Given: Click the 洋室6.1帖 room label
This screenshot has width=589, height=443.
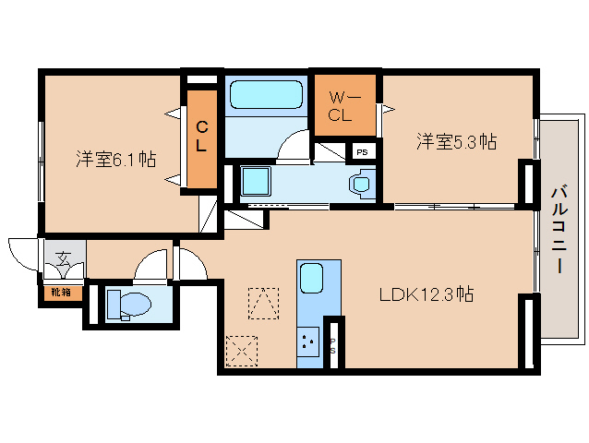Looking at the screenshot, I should pyautogui.click(x=115, y=160).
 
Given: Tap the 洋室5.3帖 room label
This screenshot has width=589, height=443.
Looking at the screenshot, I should pyautogui.click(x=456, y=141).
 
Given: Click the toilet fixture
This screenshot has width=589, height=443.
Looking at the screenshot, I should pyautogui.click(x=126, y=303).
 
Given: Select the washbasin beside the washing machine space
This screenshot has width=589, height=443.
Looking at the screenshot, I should pyautogui.click(x=360, y=183).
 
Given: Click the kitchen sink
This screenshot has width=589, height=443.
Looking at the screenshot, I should pyautogui.click(x=311, y=277).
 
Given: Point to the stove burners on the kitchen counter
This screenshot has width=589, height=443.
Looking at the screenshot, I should pyautogui.click(x=307, y=344).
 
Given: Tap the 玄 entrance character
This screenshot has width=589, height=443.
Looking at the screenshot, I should pyautogui.click(x=62, y=259).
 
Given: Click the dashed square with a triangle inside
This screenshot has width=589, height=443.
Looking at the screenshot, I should pyautogui.click(x=263, y=303).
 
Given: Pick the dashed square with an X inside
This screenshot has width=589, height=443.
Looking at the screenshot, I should pyautogui.click(x=242, y=351).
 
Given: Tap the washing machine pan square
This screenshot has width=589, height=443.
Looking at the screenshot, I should pyautogui.click(x=254, y=182).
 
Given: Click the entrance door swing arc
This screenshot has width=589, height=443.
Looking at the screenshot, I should pyautogui.click(x=25, y=253).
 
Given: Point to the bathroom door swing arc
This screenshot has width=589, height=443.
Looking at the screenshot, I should pyautogui.click(x=297, y=146).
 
